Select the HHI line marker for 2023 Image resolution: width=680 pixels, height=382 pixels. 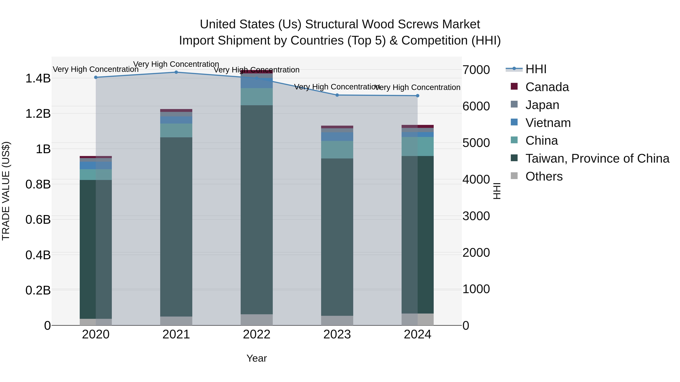(337, 95)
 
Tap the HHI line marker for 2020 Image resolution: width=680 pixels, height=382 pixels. (96, 77)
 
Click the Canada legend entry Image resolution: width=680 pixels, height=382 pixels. (547, 87)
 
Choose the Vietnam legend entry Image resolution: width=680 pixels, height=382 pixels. (548, 123)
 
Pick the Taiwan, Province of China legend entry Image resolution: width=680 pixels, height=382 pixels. (597, 158)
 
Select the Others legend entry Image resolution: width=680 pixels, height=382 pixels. (544, 176)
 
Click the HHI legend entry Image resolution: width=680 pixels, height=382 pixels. (536, 69)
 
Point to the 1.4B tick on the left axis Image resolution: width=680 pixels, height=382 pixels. (38, 78)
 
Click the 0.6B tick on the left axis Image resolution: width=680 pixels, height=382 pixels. (38, 220)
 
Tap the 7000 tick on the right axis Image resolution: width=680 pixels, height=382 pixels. (476, 70)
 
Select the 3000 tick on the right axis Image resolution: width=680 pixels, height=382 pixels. (476, 216)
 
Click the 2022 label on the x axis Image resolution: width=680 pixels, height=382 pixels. (257, 334)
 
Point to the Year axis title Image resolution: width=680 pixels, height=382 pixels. (257, 358)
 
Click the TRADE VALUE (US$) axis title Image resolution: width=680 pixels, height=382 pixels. (6, 191)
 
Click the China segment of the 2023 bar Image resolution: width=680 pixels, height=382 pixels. (337, 150)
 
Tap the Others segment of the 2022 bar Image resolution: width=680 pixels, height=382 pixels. (257, 320)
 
